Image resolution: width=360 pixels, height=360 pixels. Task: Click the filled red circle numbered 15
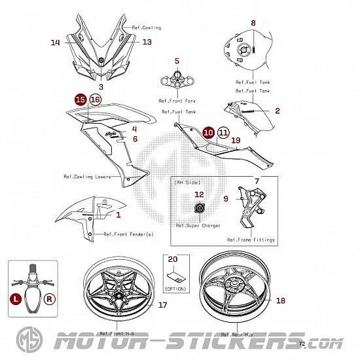81,99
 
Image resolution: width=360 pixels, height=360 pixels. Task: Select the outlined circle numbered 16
96,99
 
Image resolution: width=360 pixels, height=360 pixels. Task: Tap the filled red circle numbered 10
208,133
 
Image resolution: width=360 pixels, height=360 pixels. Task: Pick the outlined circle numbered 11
223,133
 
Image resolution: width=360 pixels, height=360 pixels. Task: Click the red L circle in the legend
16,299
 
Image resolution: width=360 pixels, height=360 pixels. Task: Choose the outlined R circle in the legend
50,299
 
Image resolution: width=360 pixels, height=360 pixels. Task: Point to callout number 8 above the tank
253,23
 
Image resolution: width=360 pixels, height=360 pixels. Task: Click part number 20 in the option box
173,259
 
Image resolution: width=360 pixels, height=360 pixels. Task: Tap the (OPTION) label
175,289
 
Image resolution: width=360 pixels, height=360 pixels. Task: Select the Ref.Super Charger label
198,226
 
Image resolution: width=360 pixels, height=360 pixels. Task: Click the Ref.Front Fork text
177,101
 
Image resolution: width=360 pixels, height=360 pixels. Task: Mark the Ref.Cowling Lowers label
87,177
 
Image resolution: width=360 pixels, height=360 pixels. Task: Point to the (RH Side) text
187,183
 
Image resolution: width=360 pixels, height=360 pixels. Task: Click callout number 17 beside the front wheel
163,305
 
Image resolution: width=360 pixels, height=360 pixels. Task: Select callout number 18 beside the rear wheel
281,300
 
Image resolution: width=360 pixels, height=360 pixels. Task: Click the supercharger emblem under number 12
199,208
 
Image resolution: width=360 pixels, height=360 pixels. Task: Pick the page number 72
302,344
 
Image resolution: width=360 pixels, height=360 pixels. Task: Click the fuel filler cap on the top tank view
243,50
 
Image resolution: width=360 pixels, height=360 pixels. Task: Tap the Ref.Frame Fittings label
251,240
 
